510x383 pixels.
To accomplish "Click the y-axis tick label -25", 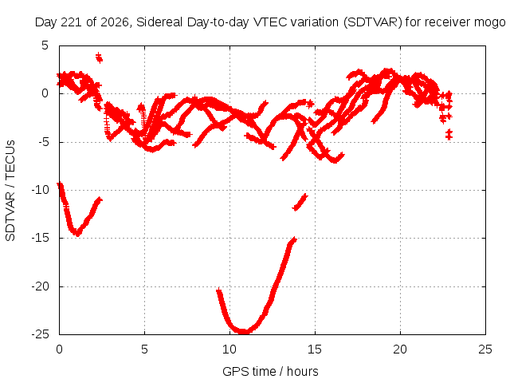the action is tap(40, 334).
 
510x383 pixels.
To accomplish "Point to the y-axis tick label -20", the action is tap(40, 286).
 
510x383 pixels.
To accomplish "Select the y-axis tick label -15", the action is tap(40, 238).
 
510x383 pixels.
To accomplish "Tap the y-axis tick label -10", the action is tap(40, 190).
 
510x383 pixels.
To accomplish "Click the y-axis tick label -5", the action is tap(42, 142).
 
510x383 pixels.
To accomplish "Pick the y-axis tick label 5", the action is tap(45, 45).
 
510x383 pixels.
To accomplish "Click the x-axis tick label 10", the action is tap(229, 349).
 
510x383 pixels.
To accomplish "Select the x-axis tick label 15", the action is tap(315, 349).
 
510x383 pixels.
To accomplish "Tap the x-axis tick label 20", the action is tap(400, 349).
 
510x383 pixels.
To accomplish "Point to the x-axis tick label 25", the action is tap(485, 349).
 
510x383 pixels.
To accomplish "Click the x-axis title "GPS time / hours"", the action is tap(270, 372).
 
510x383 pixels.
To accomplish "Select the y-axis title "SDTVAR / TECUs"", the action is tap(10, 191).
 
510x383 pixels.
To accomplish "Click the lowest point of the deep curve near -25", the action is tap(243, 332).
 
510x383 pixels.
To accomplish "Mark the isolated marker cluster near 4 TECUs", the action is tap(99, 57).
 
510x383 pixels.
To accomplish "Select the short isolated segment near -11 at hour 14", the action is tap(300, 202).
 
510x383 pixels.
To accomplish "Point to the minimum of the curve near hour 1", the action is tap(77, 233).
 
